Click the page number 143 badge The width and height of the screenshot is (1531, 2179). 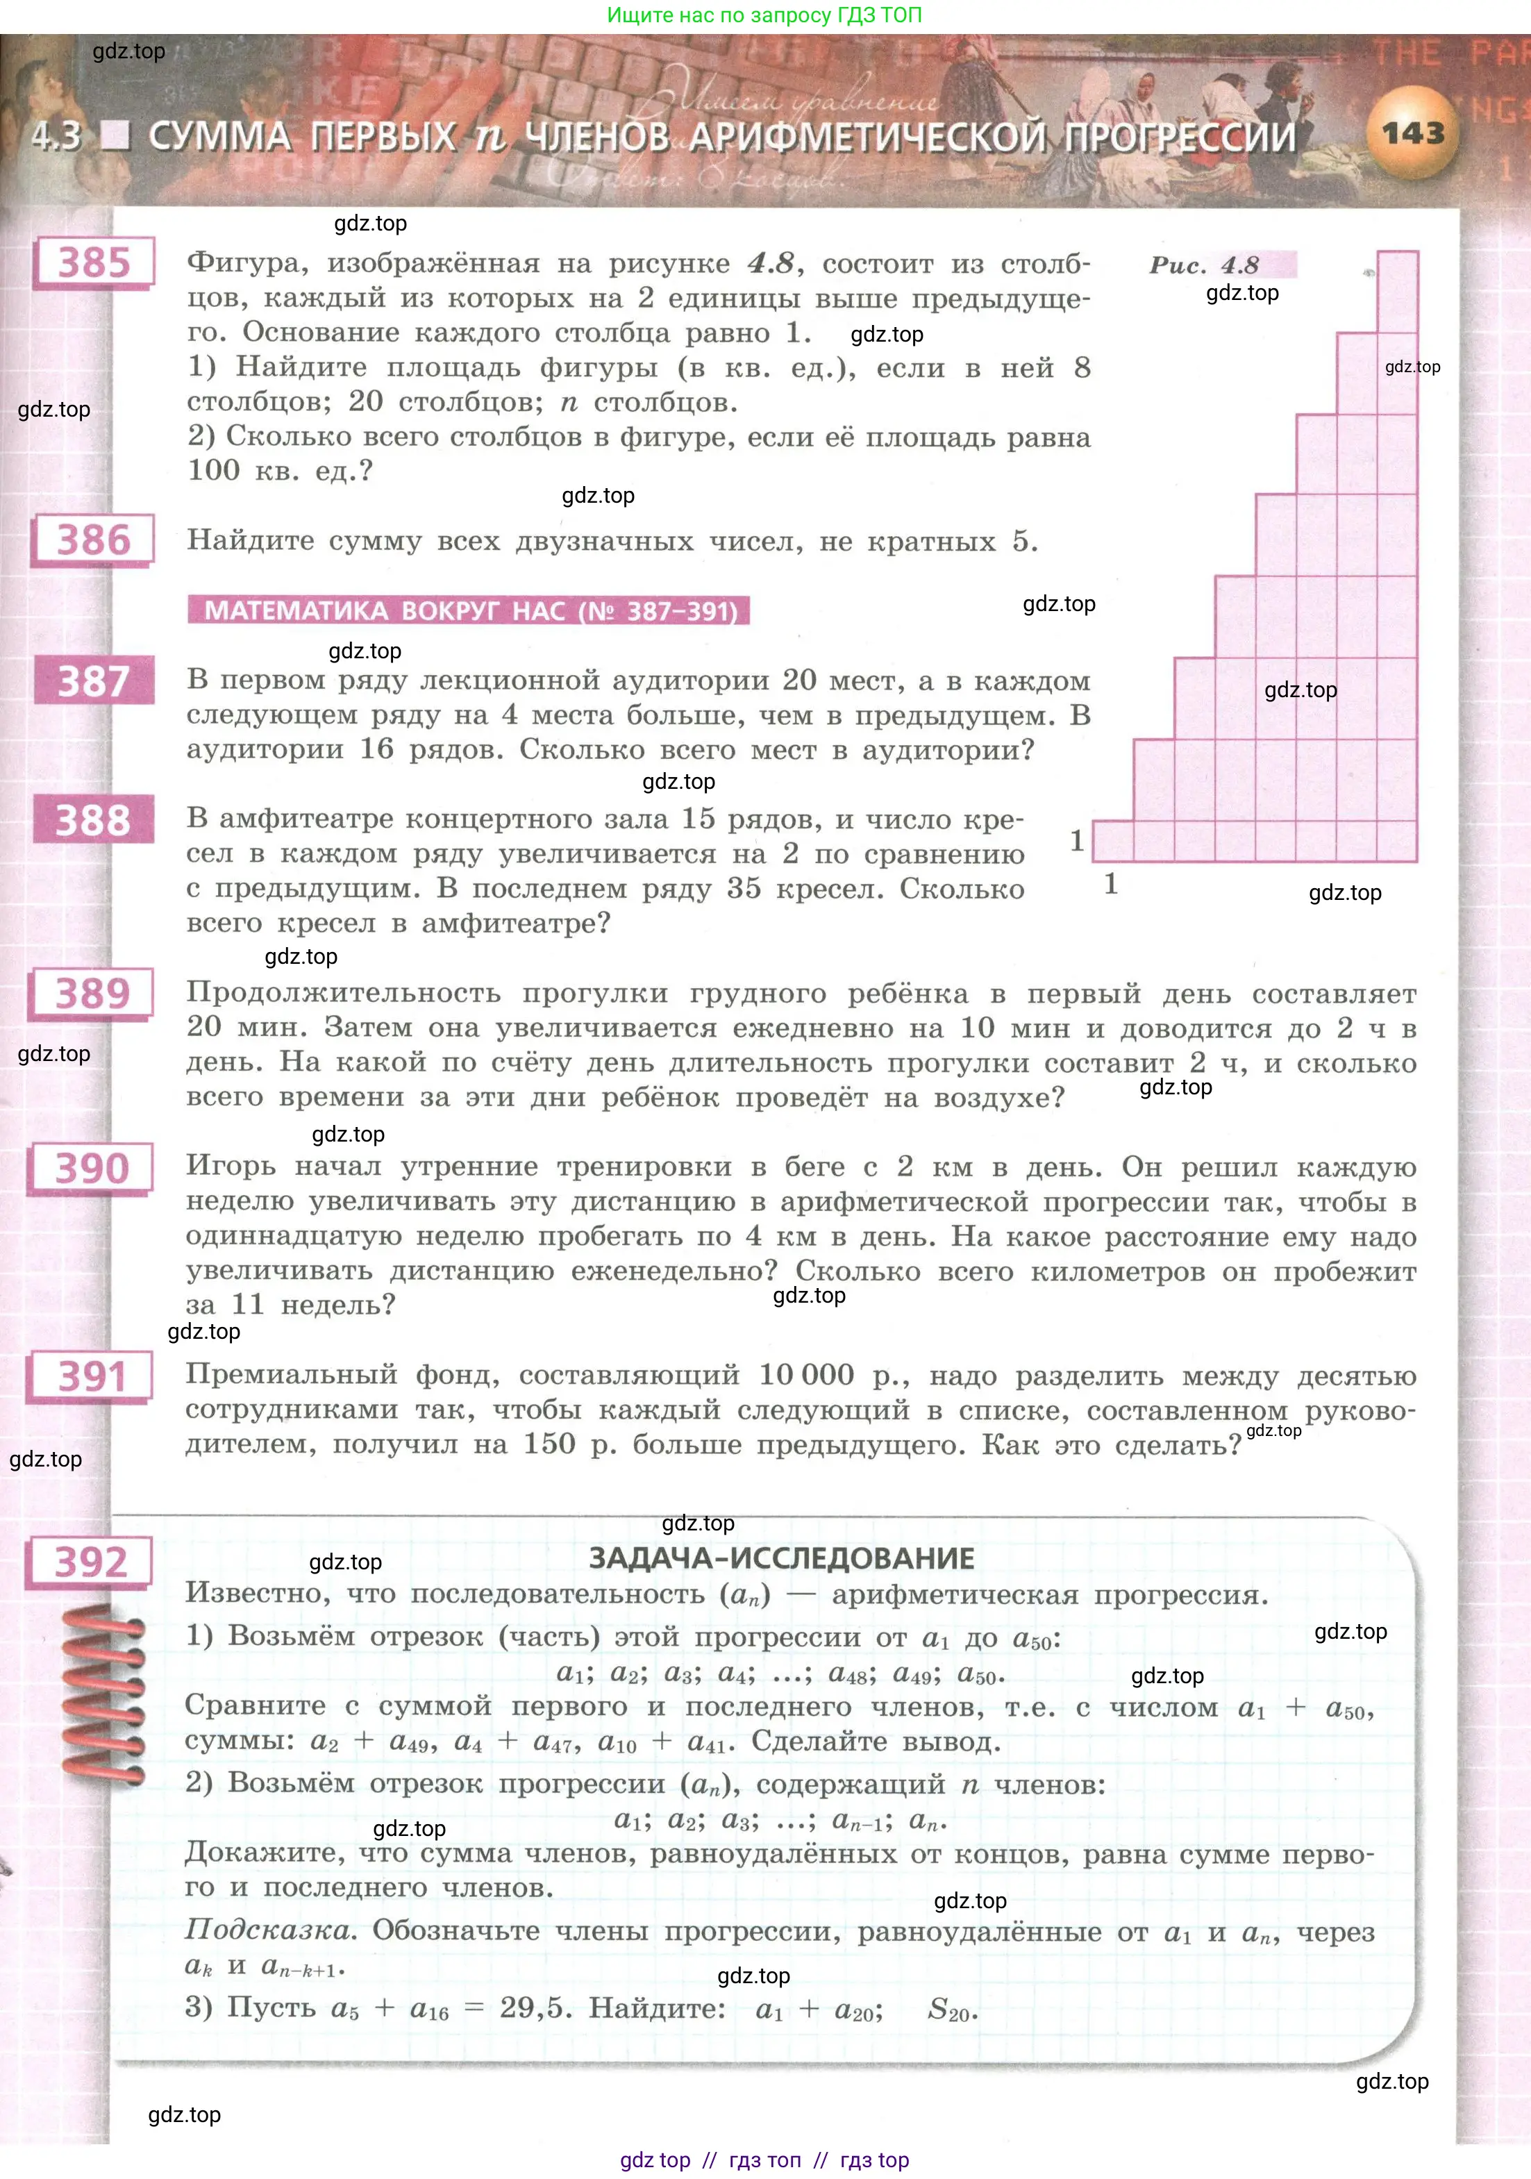coord(1412,134)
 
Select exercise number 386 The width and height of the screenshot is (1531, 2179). coord(93,540)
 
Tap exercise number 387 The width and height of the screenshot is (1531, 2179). coord(93,681)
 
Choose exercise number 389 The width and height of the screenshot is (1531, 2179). coord(92,994)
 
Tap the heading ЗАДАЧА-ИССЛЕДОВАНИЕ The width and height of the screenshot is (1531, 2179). coord(781,1558)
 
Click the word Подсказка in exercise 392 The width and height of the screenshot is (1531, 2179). coord(269,1930)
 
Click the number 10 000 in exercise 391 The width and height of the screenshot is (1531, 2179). coord(806,1374)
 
